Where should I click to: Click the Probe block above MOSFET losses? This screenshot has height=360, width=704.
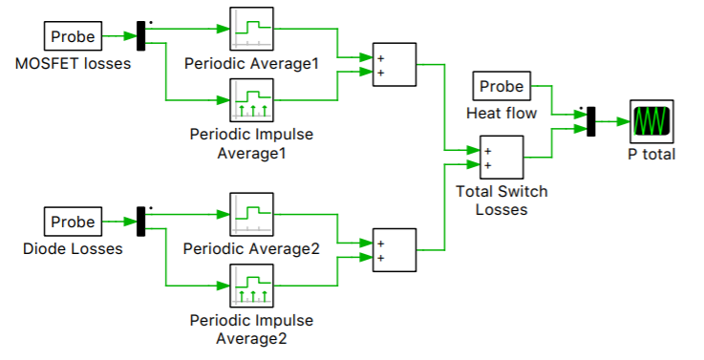[x=74, y=36]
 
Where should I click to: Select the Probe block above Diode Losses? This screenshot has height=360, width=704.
[x=74, y=222]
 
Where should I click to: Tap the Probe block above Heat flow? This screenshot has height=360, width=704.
[x=501, y=87]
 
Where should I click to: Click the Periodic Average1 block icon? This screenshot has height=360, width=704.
[x=252, y=31]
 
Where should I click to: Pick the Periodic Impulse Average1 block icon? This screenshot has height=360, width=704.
[x=252, y=99]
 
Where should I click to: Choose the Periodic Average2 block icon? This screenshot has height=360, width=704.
[x=252, y=216]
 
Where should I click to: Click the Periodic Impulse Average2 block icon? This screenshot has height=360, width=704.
[x=252, y=285]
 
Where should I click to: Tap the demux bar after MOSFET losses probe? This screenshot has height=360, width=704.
[x=141, y=36]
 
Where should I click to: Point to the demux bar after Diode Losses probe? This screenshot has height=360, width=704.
[x=141, y=222]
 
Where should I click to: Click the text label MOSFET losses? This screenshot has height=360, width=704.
[x=74, y=64]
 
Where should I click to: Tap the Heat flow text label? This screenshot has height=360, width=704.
[x=501, y=114]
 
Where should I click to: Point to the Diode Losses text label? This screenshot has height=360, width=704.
[x=74, y=249]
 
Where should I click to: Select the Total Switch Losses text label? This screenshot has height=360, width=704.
[x=501, y=201]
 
